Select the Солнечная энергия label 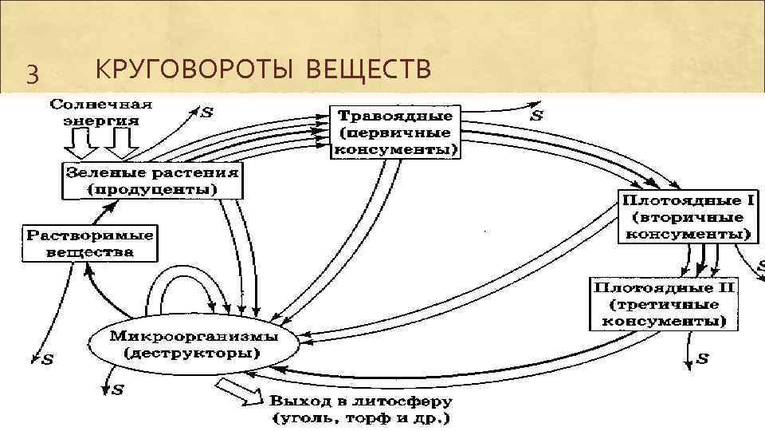click(102, 113)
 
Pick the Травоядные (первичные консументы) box click(395, 132)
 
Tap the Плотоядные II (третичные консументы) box click(663, 304)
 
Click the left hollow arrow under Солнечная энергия click(79, 144)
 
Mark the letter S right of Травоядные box click(537, 116)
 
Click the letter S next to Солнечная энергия click(206, 113)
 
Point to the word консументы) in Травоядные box click(396, 149)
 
